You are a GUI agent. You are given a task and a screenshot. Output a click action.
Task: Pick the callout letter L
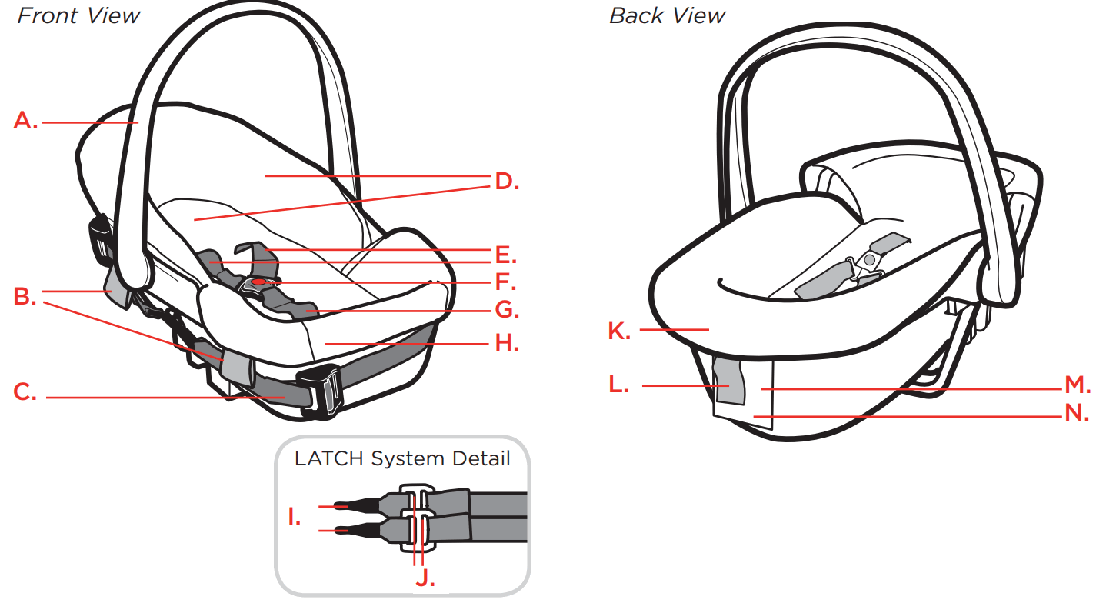coord(617,384)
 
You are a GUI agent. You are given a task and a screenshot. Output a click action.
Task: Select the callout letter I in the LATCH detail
coord(294,517)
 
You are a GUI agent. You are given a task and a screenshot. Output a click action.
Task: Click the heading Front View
coord(78,16)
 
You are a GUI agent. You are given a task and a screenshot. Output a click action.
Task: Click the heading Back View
coord(667,16)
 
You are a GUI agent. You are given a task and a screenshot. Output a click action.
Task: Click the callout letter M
coord(1077,385)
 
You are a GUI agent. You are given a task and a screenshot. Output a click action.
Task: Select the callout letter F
coord(505,282)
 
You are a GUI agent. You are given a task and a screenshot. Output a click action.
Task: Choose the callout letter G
coord(506,311)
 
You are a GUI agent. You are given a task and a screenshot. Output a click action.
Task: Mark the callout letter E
coord(505,254)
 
